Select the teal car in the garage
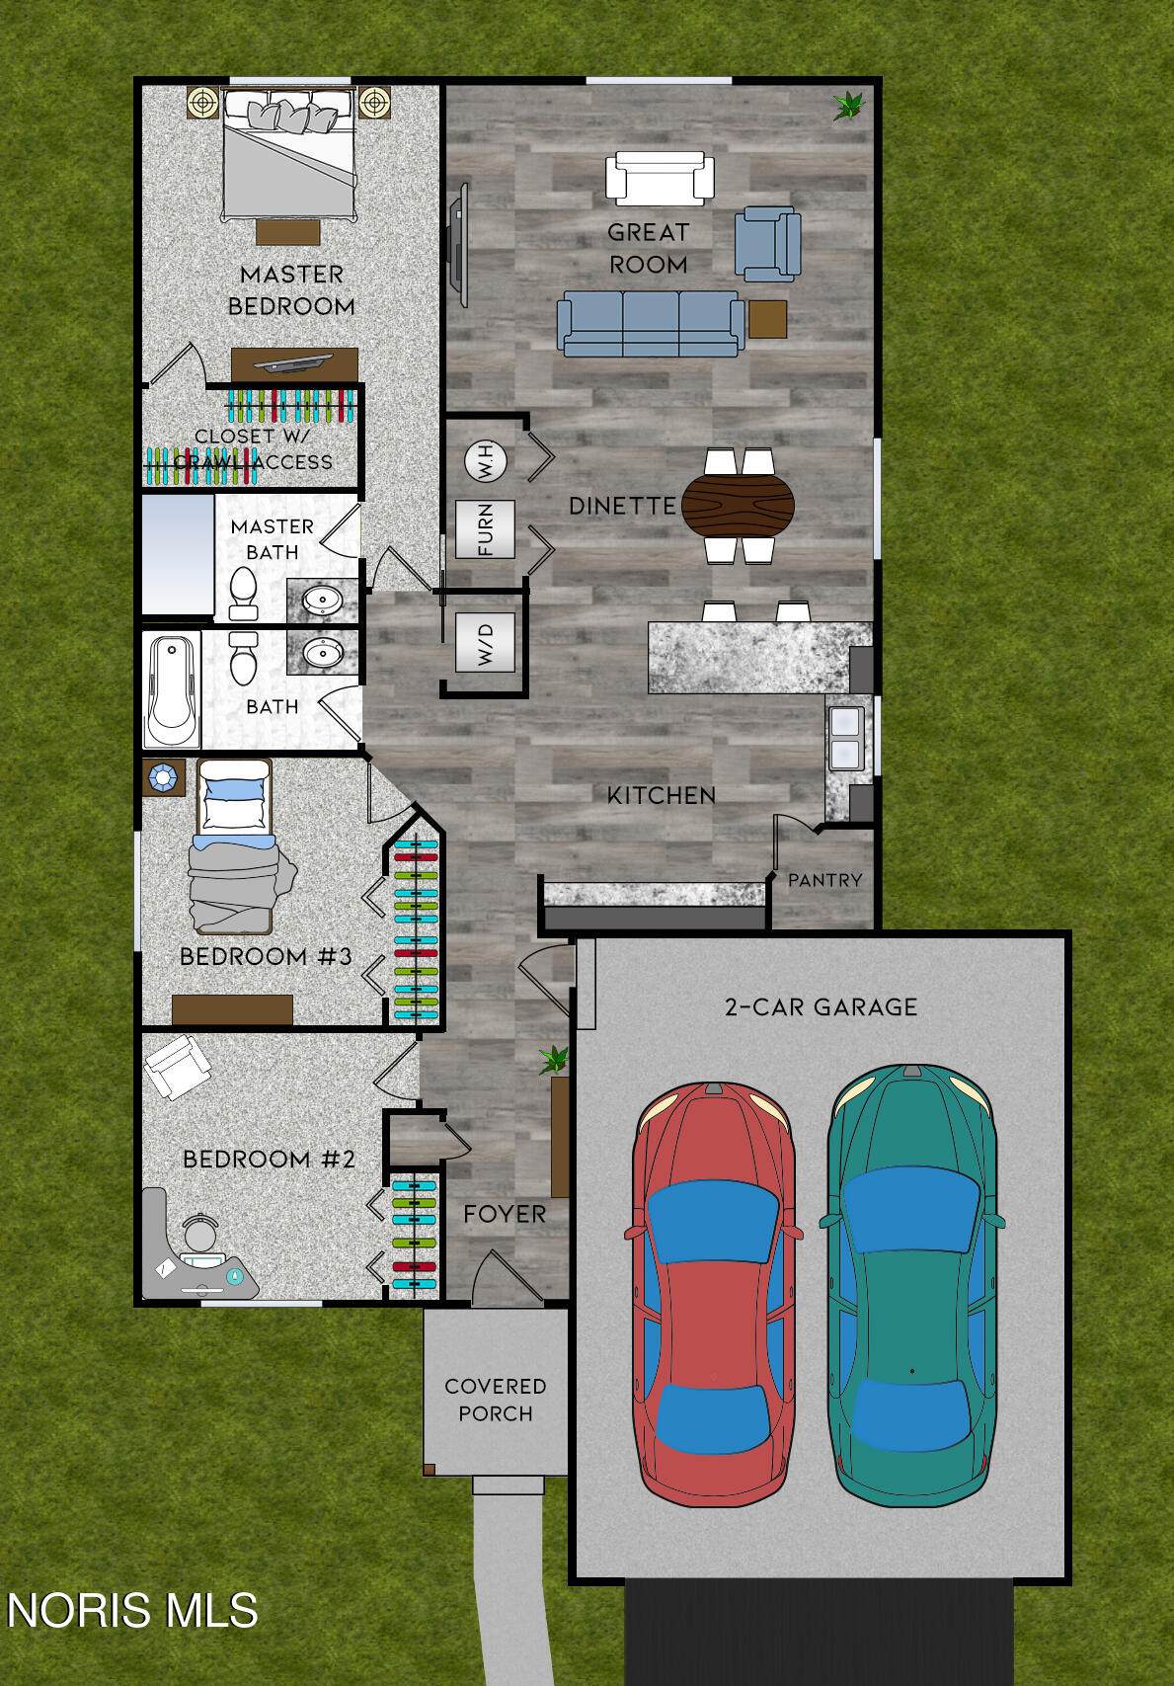point(911,1284)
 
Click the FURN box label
point(485,529)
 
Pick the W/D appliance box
point(485,642)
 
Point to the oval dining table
point(738,505)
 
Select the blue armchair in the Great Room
point(767,243)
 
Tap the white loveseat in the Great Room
point(660,178)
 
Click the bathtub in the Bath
point(173,690)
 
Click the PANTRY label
point(824,880)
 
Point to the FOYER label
point(505,1214)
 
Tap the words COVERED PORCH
point(496,1400)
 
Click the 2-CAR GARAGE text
point(822,1007)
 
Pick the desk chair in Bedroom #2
point(200,1232)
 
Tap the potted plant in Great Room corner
point(848,106)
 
